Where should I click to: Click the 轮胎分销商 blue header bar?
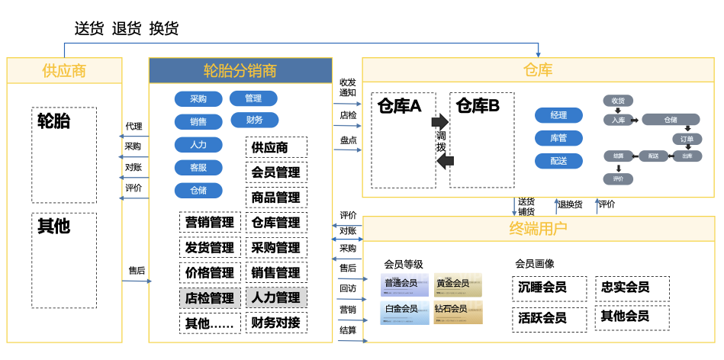tap(240, 71)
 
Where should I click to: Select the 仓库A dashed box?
tap(404, 140)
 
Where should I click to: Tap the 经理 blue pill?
tap(558, 115)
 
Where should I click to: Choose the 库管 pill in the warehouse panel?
tap(558, 138)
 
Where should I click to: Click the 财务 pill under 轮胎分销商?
tap(254, 120)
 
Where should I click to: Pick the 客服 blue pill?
tap(198, 168)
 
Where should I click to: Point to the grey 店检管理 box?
tap(210, 297)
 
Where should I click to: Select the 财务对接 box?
tap(275, 323)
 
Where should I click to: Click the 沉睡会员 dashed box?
tap(549, 288)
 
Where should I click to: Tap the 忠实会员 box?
tap(632, 288)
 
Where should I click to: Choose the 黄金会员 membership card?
tap(458, 284)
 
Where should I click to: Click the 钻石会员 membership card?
tap(458, 311)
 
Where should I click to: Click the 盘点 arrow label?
tap(348, 140)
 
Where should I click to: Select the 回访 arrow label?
tap(348, 288)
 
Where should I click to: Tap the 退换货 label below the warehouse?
tap(570, 204)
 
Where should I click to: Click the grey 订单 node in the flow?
tap(687, 139)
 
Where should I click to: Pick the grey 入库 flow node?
tap(617, 120)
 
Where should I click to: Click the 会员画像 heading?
tap(535, 264)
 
